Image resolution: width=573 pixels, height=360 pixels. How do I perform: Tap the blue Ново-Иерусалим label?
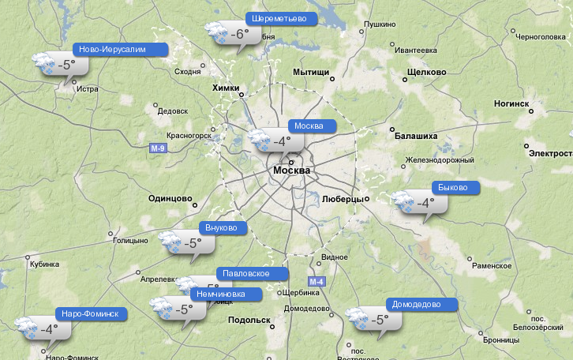point(119,49)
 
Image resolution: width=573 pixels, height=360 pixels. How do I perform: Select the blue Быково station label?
point(455,188)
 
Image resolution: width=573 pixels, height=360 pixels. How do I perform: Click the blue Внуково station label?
point(222,228)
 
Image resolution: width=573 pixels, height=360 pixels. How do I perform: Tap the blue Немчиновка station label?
point(228,294)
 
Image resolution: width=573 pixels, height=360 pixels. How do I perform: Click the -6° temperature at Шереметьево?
point(240,35)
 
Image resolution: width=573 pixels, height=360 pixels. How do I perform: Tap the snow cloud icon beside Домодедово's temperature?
point(358,319)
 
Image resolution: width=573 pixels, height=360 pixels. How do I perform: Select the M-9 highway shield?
point(158,148)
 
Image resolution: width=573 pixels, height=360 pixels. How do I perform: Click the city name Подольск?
point(249,320)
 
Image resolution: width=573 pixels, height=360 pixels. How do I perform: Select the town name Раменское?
point(492,266)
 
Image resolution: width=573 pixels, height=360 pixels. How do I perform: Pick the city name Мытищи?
point(311,72)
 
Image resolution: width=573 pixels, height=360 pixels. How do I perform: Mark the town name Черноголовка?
point(541,36)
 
